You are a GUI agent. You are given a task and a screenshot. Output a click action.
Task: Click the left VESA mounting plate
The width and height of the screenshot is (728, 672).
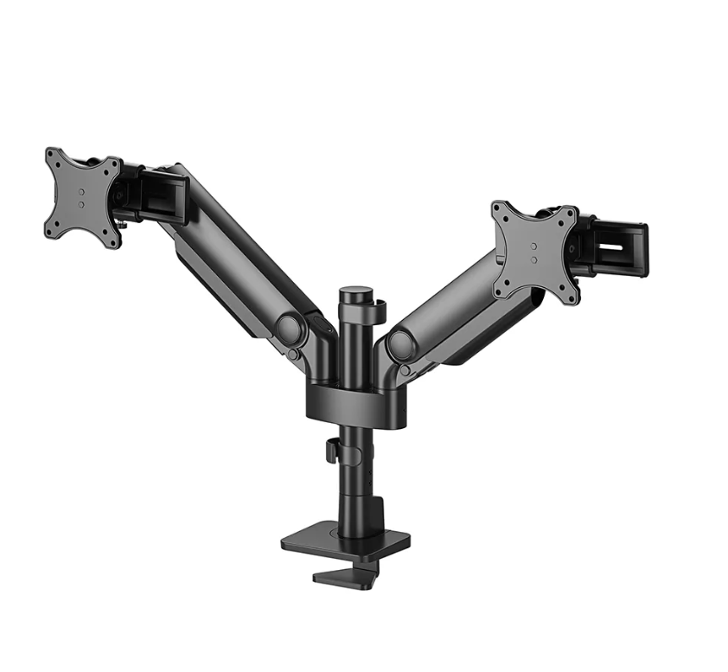pyautogui.click(x=82, y=198)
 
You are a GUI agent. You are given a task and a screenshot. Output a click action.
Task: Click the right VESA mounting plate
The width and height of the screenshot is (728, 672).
pyautogui.click(x=535, y=252)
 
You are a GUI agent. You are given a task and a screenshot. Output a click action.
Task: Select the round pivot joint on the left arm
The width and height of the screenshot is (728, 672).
pyautogui.click(x=290, y=330)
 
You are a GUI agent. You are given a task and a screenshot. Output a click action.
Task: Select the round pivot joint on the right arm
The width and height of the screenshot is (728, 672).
pyautogui.click(x=402, y=344)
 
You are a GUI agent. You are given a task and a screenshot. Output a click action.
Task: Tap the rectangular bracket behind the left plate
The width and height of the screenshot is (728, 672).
pyautogui.click(x=163, y=197)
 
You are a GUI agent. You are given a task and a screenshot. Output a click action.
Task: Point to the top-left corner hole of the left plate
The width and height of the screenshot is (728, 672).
pyautogui.click(x=52, y=157)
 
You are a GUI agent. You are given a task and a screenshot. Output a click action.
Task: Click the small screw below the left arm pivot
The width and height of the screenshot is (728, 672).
pyautogui.click(x=294, y=355)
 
